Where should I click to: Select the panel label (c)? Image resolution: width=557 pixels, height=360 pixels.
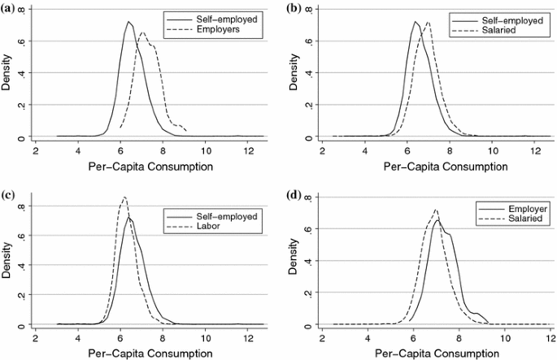(10, 196)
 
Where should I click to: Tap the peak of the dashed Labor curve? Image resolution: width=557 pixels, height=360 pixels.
(124, 197)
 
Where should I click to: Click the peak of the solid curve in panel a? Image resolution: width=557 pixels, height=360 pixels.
(128, 22)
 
